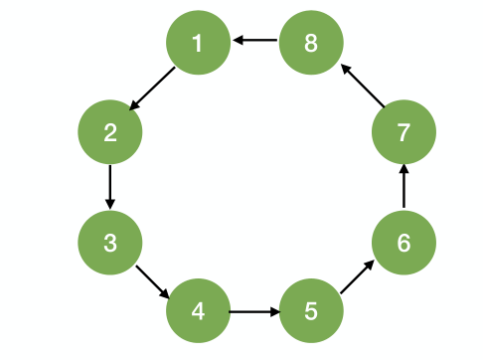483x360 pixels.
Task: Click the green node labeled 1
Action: (x=197, y=43)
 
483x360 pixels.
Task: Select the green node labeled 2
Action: (x=109, y=131)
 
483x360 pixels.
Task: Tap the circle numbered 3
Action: (x=109, y=242)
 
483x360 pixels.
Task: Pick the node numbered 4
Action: (x=197, y=311)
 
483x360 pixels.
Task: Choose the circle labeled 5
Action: (x=311, y=311)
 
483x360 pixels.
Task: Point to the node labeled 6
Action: (x=402, y=242)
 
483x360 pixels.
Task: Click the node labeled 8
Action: (x=311, y=43)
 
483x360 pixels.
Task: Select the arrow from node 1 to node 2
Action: (x=153, y=88)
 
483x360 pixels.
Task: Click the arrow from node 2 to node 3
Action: (x=109, y=186)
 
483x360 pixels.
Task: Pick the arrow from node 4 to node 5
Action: (x=254, y=311)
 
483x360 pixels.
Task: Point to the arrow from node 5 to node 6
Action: (x=357, y=277)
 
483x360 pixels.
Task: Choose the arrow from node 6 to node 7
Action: (x=402, y=187)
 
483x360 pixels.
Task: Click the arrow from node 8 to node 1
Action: (x=254, y=42)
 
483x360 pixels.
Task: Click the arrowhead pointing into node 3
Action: (x=109, y=203)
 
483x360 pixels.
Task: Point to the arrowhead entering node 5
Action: (x=273, y=311)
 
